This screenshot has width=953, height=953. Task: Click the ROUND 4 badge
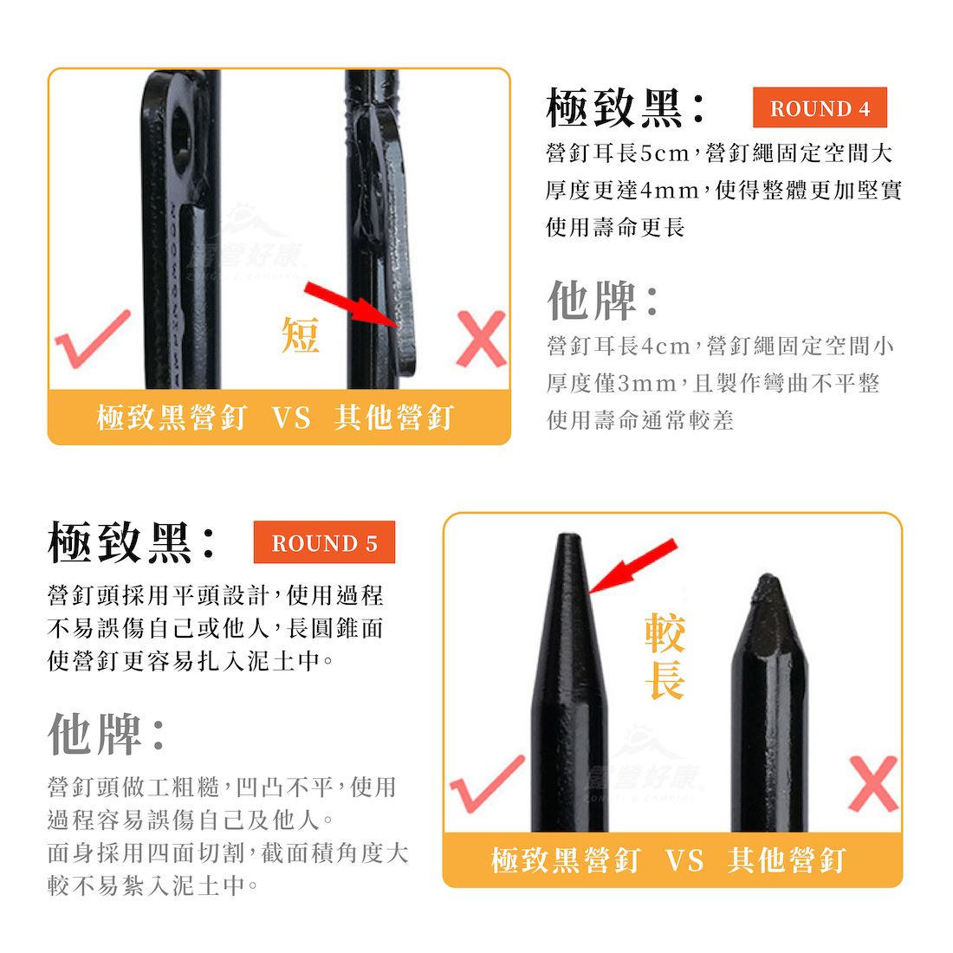(x=820, y=107)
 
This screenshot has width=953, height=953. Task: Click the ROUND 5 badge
(x=324, y=542)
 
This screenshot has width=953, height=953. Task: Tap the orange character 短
(x=301, y=335)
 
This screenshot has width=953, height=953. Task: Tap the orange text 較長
(x=665, y=656)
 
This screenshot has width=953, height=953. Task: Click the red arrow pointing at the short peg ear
(x=351, y=304)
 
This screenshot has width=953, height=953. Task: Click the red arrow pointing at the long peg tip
(x=632, y=565)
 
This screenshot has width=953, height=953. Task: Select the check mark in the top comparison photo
(x=93, y=339)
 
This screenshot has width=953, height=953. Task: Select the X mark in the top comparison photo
(x=481, y=339)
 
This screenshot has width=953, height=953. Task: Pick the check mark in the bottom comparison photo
(x=487, y=784)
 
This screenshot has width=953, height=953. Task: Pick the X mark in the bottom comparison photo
(x=873, y=784)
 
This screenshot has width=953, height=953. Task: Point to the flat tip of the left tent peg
(x=568, y=537)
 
